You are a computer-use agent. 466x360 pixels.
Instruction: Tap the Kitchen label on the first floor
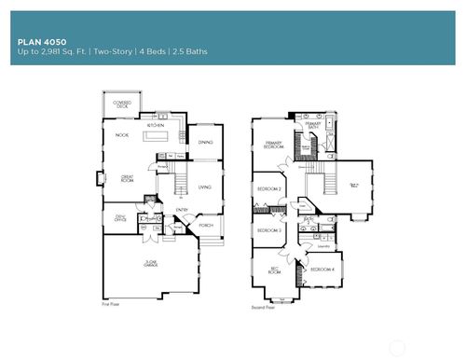pos(156,124)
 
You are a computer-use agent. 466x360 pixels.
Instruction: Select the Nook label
pos(121,136)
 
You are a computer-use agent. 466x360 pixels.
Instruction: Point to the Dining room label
pos(205,143)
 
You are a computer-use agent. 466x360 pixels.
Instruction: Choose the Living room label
pos(204,187)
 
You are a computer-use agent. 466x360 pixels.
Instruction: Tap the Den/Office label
pos(120,220)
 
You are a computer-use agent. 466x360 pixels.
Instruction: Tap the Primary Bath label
pos(312,126)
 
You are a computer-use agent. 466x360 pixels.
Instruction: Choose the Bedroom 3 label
pos(269,229)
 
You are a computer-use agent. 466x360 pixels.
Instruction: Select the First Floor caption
pos(111,304)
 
